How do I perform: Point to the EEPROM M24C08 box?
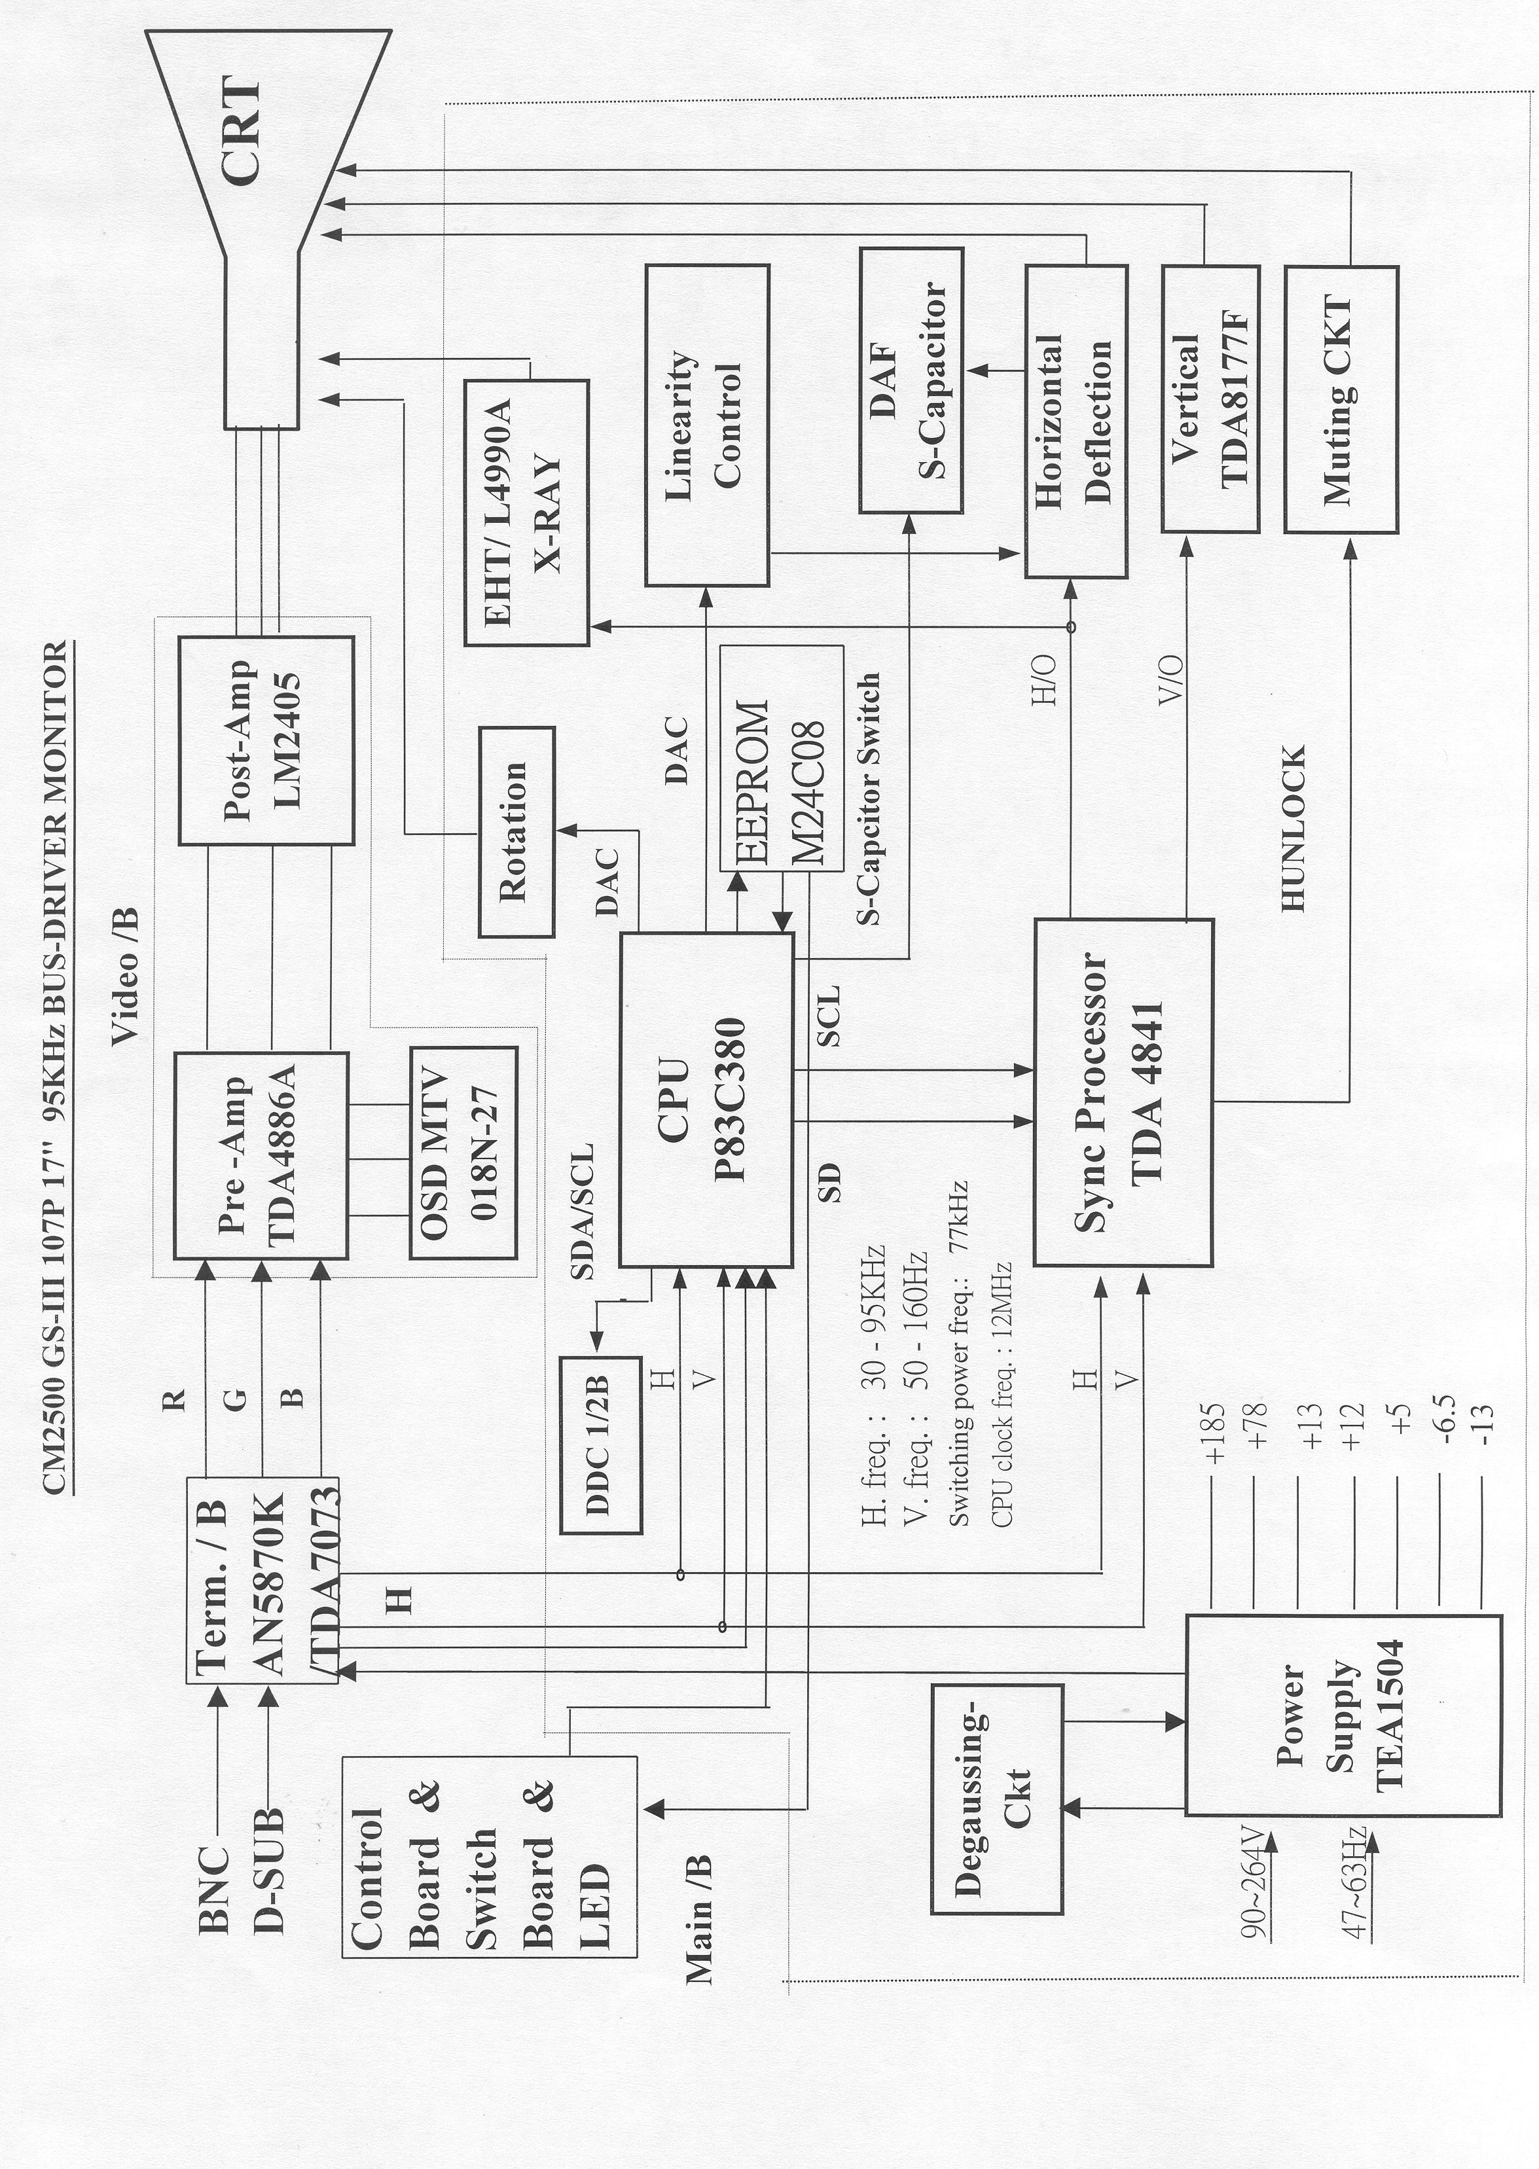[x=781, y=757]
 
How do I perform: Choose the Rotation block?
[x=516, y=831]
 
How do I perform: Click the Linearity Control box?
[x=706, y=425]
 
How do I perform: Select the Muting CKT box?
[x=1340, y=399]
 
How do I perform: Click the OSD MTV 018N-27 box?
[x=463, y=1151]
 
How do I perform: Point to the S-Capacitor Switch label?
[x=869, y=798]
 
